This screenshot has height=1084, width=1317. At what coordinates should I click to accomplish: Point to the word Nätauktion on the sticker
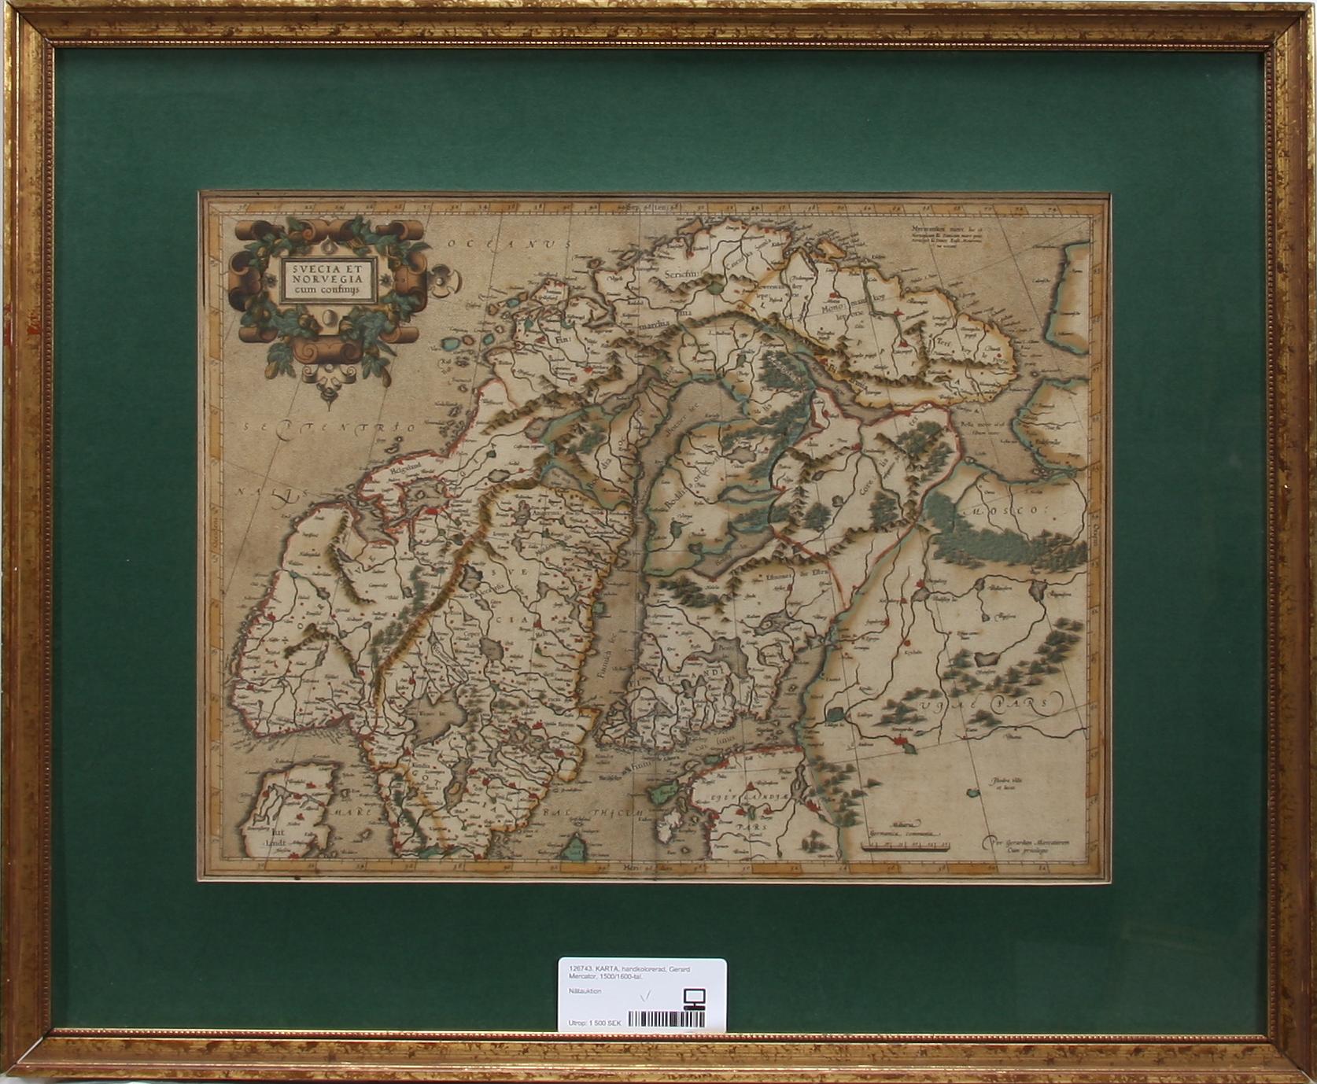[583, 991]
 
